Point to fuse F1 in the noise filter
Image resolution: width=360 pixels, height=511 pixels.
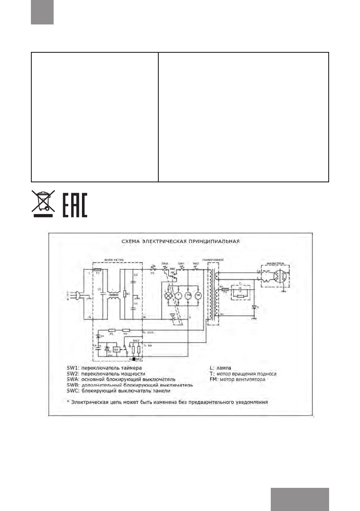point(98,271)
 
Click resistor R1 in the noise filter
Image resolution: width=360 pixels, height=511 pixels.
point(124,294)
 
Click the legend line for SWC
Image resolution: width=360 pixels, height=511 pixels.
point(118,391)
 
